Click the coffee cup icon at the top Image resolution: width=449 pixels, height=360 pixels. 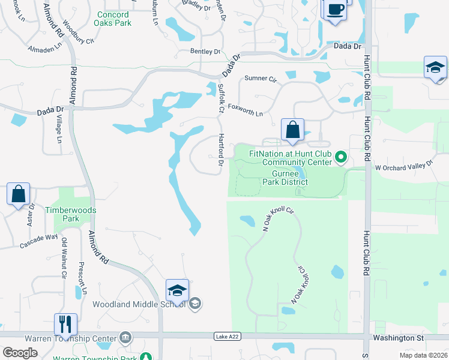336,10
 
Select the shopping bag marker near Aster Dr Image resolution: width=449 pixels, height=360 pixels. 19,194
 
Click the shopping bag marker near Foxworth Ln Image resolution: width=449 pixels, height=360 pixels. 292,130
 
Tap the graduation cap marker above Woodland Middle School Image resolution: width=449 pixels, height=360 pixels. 178,290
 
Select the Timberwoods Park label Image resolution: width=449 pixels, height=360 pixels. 71,215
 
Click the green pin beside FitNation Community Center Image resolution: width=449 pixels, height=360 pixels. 341,158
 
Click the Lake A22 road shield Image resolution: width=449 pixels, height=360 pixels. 223,337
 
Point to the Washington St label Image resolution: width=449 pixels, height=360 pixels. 397,338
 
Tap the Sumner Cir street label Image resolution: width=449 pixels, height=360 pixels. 261,79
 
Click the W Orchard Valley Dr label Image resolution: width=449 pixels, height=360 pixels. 405,165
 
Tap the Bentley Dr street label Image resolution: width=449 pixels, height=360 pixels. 205,52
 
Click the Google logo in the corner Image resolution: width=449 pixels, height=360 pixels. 20,353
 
